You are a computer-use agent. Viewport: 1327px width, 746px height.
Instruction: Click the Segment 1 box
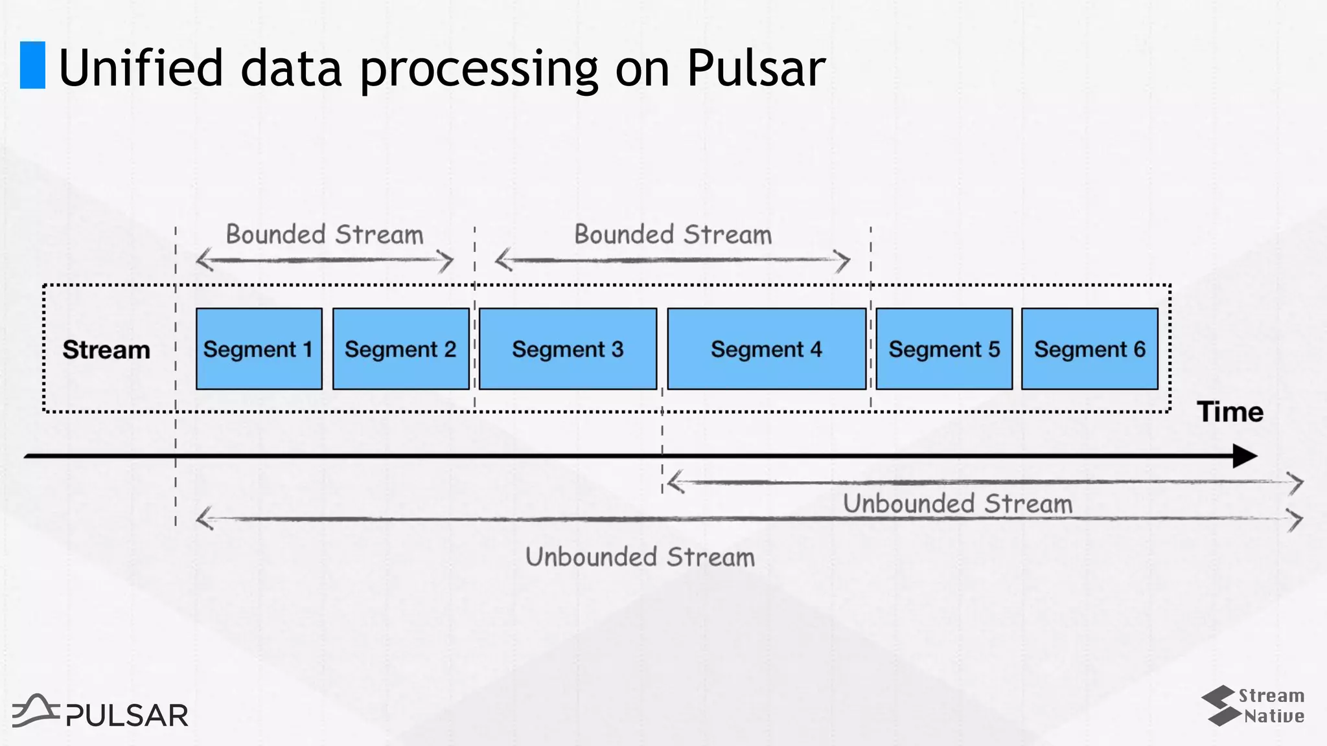tap(259, 349)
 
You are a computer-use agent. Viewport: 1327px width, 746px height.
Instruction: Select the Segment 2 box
tap(400, 349)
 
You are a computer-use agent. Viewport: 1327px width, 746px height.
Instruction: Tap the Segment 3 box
tap(568, 349)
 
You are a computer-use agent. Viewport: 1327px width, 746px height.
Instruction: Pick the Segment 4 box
tap(767, 349)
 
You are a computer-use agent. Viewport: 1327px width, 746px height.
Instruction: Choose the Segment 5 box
tap(944, 349)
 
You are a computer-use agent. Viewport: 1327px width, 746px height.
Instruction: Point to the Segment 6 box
tap(1090, 349)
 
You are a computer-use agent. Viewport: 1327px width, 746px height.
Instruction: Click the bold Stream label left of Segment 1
tap(106, 350)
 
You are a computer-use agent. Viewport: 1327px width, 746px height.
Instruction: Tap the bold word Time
tap(1230, 412)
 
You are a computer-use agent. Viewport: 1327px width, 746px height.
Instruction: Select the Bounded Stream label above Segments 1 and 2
tap(324, 234)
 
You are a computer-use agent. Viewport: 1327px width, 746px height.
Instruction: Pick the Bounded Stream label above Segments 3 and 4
tap(673, 234)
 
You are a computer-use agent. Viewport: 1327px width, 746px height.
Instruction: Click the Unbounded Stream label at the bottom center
tap(640, 557)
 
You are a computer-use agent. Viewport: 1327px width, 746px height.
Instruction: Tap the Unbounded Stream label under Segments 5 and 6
tap(957, 504)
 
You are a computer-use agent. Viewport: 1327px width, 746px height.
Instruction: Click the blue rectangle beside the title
tap(32, 65)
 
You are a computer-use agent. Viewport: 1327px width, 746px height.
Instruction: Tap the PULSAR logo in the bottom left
tap(100, 712)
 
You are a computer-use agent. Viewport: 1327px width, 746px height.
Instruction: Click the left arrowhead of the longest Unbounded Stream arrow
tap(204, 519)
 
